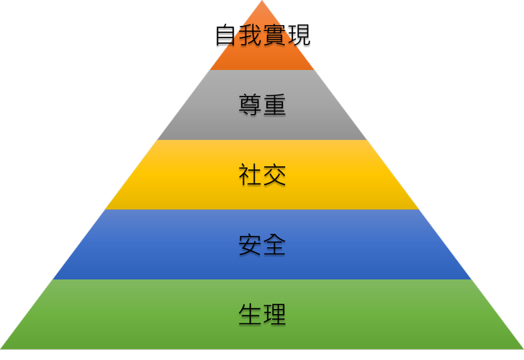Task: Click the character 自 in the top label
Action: pos(227,35)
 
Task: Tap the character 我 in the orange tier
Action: pos(250,35)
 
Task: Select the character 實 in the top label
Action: pos(274,35)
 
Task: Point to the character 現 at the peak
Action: pos(298,35)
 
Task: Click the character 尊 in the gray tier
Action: pos(250,105)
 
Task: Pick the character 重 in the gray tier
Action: pos(274,105)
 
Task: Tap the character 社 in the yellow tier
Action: pos(250,175)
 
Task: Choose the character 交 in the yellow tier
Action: pos(274,175)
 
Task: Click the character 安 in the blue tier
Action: pos(250,245)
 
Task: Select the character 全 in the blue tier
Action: pos(274,245)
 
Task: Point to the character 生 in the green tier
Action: pos(250,315)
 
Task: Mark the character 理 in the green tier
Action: pos(274,315)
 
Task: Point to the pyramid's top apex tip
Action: pos(262,1)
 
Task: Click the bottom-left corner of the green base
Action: pos(2,348)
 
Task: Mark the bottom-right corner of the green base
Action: pos(522,348)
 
